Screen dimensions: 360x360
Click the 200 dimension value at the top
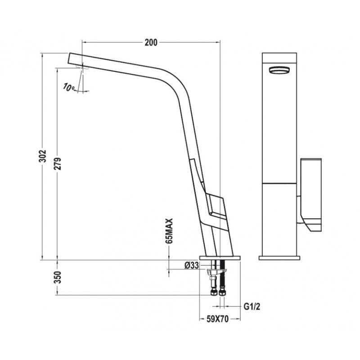pos(151,43)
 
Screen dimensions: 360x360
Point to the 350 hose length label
pos(58,278)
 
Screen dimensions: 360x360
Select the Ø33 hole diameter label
pos(191,265)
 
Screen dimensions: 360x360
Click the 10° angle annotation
pos(69,87)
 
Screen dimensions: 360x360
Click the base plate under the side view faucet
pos(220,258)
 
